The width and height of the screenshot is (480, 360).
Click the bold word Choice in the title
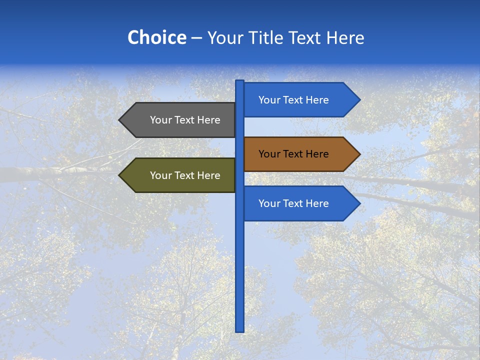(156, 38)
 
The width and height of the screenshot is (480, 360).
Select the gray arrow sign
(180, 120)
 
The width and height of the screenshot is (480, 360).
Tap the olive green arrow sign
(180, 175)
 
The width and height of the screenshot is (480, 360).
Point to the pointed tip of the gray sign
(120, 120)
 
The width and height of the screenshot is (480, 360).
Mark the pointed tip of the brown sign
(358, 154)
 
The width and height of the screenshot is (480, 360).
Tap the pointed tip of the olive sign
(120, 175)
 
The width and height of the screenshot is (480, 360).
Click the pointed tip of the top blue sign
(358, 100)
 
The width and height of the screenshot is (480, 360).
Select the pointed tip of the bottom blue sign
(358, 203)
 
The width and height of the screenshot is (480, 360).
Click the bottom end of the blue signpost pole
(240, 329)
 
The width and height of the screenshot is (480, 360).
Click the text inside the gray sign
(185, 120)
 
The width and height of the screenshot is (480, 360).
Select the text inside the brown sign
(293, 154)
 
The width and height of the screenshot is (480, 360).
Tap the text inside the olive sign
(185, 175)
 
